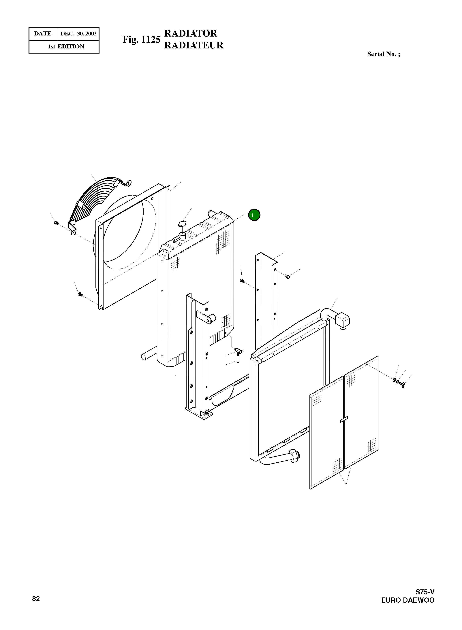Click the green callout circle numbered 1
pyautogui.click(x=254, y=215)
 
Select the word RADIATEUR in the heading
pyautogui.click(x=194, y=45)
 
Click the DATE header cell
pyautogui.click(x=43, y=34)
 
